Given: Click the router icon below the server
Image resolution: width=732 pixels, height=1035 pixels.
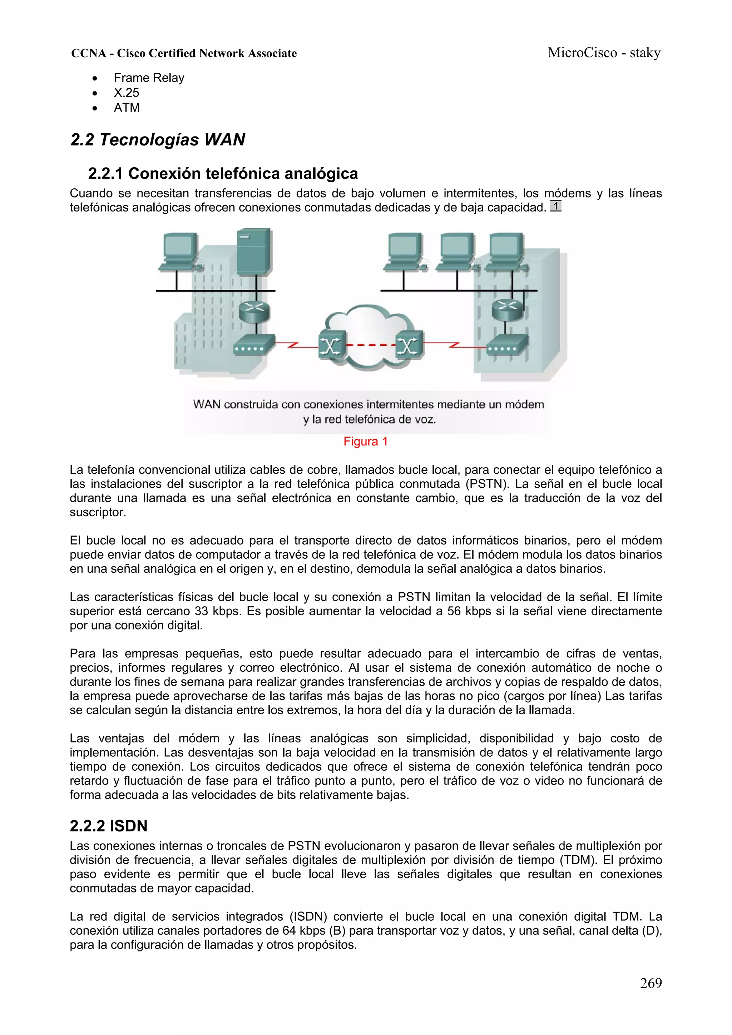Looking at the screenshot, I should click(254, 310).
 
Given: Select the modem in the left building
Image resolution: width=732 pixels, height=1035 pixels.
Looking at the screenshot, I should click(254, 346).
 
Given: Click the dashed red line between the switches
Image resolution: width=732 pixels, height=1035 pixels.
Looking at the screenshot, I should click(370, 346).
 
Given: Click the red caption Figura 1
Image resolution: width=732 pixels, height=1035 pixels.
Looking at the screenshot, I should click(365, 441).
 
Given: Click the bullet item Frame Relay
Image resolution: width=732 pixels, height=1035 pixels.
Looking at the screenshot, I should click(149, 78).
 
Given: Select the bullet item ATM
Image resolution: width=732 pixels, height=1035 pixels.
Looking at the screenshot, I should click(127, 108).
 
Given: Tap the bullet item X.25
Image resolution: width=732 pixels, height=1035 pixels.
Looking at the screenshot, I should click(126, 93).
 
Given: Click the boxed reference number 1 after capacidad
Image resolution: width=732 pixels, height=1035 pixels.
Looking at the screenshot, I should click(556, 206).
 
